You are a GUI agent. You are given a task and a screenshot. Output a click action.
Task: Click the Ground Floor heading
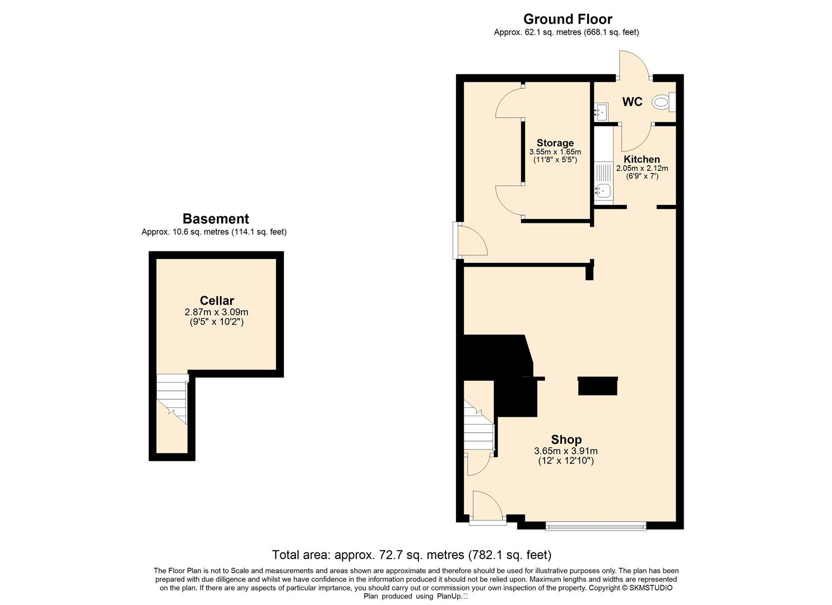568,19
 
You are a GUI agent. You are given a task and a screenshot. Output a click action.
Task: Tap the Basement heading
216,218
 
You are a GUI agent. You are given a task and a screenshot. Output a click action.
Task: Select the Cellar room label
217,300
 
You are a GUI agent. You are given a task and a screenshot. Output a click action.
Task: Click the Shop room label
566,440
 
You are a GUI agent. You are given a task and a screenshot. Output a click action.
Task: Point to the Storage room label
555,143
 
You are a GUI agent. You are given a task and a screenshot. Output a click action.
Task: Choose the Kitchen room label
642,159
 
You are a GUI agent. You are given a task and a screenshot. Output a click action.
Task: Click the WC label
632,102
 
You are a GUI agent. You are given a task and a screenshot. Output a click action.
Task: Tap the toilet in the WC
663,102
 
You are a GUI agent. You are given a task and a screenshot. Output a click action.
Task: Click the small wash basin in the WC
601,112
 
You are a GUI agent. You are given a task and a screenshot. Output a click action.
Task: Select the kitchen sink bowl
602,191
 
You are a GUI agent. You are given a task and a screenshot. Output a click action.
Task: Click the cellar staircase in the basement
171,399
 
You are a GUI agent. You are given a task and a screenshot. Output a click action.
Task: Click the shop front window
596,526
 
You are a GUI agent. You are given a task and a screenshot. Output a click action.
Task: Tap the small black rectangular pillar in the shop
598,386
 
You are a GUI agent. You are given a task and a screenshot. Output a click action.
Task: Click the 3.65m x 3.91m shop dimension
566,452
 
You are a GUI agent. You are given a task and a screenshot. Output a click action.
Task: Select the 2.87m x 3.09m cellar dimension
216,312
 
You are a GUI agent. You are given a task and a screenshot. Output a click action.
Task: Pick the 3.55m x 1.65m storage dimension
555,152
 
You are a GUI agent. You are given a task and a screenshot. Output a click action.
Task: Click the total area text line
412,555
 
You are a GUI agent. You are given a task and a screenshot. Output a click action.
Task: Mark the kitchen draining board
603,173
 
